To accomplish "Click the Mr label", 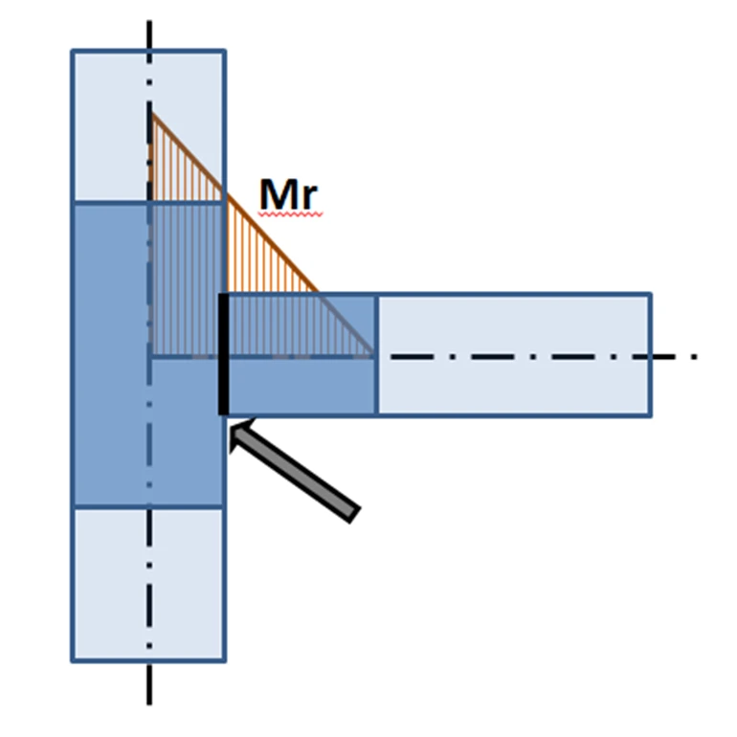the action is coord(289,194).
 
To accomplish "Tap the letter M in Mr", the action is coord(279,194).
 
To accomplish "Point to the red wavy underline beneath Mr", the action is coord(290,214).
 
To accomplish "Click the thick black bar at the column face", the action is coord(224,354).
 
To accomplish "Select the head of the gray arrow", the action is coord(239,433).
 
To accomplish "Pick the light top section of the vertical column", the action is coord(148,126).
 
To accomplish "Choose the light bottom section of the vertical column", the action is coord(148,584).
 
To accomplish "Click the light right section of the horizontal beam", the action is coord(514,355).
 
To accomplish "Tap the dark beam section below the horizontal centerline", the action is coord(301,387).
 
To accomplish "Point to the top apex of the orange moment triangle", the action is coord(150,112).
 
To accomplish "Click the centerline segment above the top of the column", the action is coord(149,34).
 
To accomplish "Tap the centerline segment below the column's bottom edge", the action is coord(149,684).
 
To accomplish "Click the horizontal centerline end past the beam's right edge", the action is coord(675,357).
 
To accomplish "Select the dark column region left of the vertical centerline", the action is coord(111,355).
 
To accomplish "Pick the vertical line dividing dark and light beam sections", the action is coord(376,355).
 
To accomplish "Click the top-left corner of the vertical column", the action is coord(73,51).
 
